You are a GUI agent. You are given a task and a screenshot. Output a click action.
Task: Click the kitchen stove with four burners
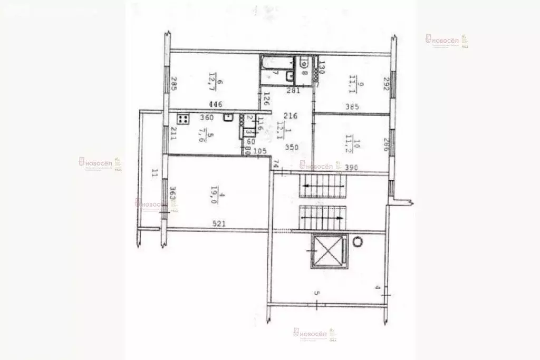(x=182, y=119)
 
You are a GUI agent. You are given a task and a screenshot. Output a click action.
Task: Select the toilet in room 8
(x=304, y=63)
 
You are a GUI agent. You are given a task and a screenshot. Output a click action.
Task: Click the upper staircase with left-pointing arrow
(x=322, y=186)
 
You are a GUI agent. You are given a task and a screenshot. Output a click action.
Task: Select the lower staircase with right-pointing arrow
(x=322, y=215)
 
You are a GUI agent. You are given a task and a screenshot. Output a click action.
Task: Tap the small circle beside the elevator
(x=358, y=241)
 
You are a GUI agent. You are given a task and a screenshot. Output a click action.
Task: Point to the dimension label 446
(x=215, y=104)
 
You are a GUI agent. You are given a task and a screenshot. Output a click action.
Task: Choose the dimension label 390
(x=351, y=167)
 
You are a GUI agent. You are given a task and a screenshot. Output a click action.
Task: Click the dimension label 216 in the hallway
(x=291, y=115)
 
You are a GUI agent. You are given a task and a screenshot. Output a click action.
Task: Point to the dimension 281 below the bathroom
(x=293, y=91)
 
